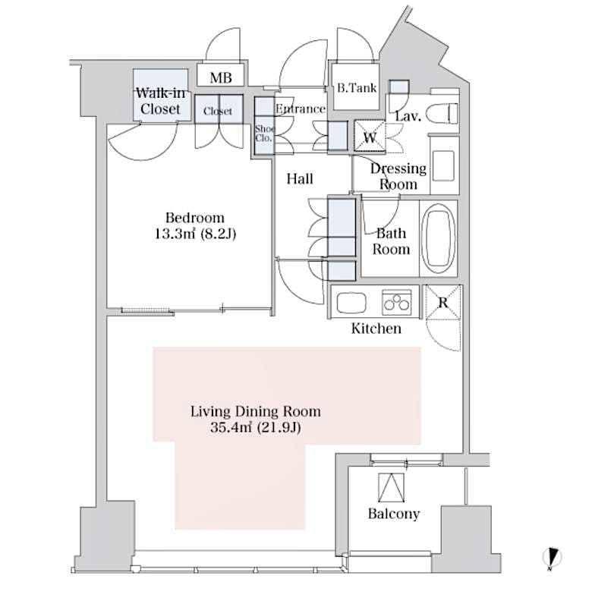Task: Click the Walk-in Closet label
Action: click(x=160, y=101)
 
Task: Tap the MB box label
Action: click(x=220, y=77)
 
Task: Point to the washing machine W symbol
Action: click(x=370, y=137)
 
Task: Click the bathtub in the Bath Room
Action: click(x=438, y=237)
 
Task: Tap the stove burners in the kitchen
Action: click(x=395, y=302)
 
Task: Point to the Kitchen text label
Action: click(x=376, y=329)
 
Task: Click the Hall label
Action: click(x=300, y=179)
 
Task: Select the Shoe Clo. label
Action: click(x=263, y=133)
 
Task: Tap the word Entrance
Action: click(x=300, y=109)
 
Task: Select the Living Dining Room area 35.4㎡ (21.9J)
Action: click(x=255, y=427)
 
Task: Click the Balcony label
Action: click(x=393, y=514)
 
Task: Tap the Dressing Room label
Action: click(x=398, y=176)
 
